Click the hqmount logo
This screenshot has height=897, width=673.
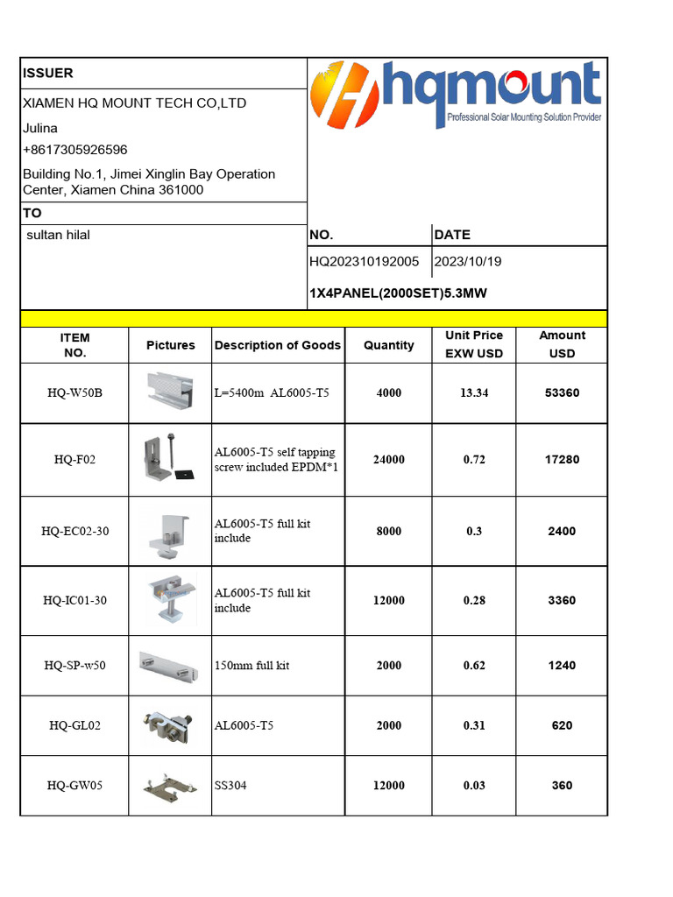click(456, 95)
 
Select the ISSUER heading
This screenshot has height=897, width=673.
click(48, 74)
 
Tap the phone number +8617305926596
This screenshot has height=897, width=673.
click(75, 150)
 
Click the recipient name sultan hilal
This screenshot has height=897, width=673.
click(60, 235)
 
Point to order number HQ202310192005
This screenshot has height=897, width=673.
click(365, 262)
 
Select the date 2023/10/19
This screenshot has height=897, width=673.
click(469, 262)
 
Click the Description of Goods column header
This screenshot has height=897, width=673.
click(278, 345)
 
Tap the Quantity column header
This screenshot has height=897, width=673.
click(388, 345)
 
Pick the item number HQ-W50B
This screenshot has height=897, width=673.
click(74, 392)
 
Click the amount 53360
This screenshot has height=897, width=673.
click(562, 392)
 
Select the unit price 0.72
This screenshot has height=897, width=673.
click(474, 460)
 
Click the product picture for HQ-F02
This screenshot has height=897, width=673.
click(169, 460)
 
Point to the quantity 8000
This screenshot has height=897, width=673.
click(388, 532)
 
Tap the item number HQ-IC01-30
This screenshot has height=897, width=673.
click(74, 601)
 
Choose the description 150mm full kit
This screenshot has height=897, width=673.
click(251, 666)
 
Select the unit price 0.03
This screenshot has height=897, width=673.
click(474, 786)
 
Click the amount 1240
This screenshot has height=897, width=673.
click(562, 666)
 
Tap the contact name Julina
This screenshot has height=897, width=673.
click(40, 128)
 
